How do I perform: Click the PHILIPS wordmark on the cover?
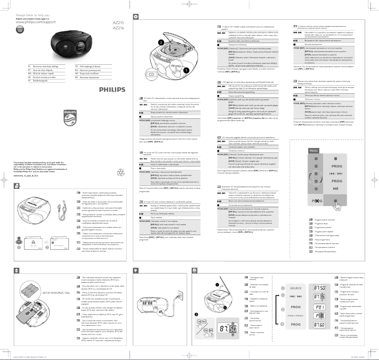[113, 89]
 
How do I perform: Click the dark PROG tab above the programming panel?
[301, 150]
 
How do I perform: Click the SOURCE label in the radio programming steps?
[296, 288]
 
